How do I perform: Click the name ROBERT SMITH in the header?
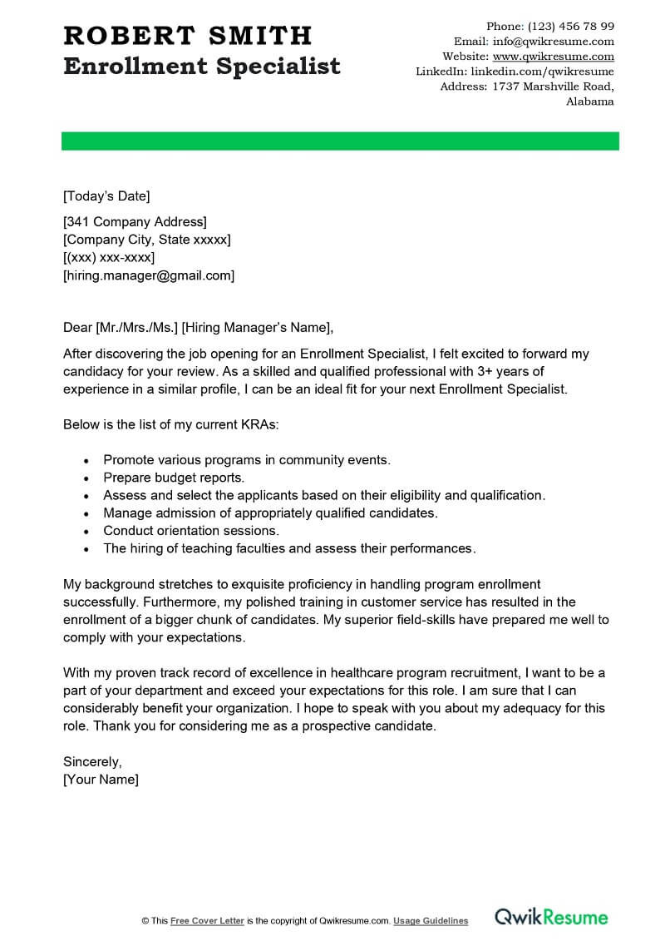click(x=188, y=36)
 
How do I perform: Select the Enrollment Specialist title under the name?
click(x=202, y=66)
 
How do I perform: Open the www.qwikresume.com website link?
click(x=553, y=57)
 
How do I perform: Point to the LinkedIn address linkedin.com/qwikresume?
click(x=541, y=72)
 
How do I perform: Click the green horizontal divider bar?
click(x=340, y=141)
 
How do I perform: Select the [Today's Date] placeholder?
click(x=106, y=196)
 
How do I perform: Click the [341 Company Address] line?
click(x=135, y=221)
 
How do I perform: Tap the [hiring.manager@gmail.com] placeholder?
click(x=149, y=275)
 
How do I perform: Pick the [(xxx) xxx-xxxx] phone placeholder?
click(x=109, y=258)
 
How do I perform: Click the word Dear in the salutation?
click(x=78, y=326)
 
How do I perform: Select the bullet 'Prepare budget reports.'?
click(x=174, y=478)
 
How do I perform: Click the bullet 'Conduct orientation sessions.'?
click(x=191, y=530)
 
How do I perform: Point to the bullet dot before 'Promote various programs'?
click(x=86, y=460)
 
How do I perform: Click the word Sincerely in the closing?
click(x=92, y=761)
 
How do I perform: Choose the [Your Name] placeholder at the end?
click(x=101, y=780)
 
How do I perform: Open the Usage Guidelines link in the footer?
click(x=431, y=921)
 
